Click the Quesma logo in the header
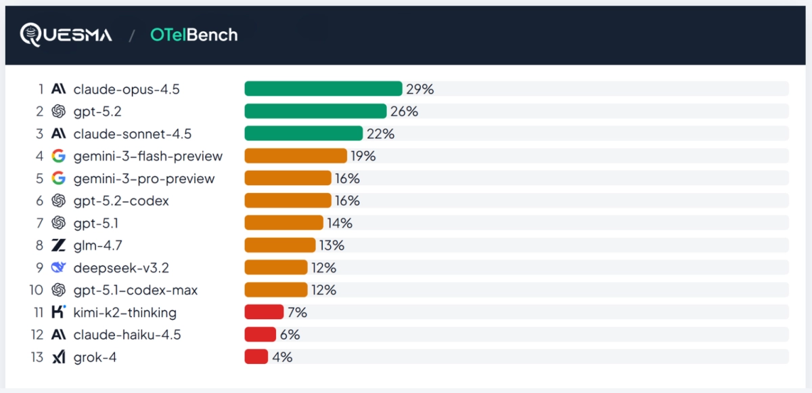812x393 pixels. click(66, 35)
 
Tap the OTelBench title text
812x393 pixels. click(194, 35)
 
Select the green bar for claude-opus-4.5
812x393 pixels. click(323, 89)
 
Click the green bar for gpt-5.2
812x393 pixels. click(315, 111)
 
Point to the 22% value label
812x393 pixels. click(380, 134)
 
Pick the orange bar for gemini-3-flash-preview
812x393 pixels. click(296, 156)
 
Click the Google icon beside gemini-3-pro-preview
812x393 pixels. click(58, 178)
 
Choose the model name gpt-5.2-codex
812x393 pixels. click(121, 201)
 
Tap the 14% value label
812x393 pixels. click(340, 223)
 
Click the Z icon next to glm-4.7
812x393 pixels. click(58, 245)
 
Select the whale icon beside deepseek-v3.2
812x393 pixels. click(58, 268)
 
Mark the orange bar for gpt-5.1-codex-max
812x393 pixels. click(276, 289)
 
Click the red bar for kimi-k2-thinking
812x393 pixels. click(264, 312)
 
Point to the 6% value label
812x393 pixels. click(290, 335)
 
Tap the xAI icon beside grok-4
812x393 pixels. click(59, 357)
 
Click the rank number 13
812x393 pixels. click(37, 357)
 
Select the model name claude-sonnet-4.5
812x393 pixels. click(133, 134)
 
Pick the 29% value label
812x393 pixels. click(420, 89)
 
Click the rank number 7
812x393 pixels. click(40, 223)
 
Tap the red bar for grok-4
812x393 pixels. click(256, 356)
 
